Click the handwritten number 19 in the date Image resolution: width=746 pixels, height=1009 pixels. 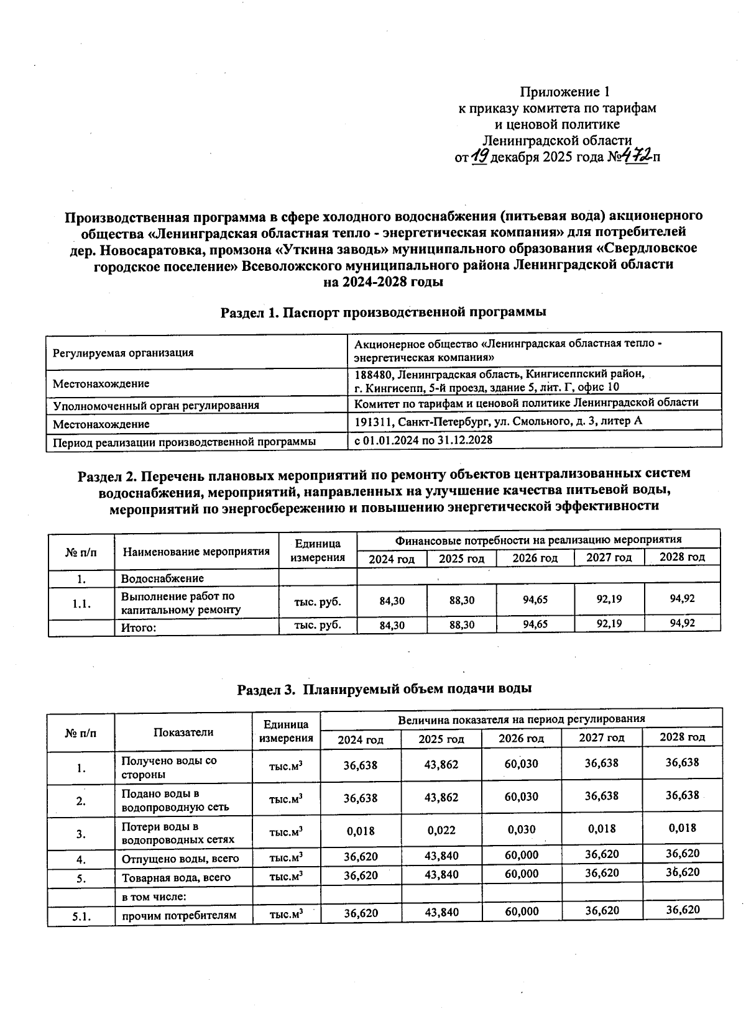(x=479, y=157)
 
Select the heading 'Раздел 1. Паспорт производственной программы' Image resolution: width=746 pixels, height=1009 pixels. (x=384, y=312)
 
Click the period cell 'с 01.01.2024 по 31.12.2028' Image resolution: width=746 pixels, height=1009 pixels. (x=423, y=440)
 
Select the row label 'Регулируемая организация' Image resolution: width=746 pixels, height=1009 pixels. (x=123, y=353)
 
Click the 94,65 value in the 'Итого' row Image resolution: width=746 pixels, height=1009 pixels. (x=535, y=624)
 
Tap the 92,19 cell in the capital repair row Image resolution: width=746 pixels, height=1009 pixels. (x=609, y=600)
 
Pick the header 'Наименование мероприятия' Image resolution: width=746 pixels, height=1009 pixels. (x=196, y=551)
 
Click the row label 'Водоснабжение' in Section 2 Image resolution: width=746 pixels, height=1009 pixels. (x=162, y=578)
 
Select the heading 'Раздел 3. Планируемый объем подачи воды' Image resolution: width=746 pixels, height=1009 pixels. (x=384, y=689)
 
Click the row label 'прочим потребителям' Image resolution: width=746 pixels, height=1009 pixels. (x=179, y=915)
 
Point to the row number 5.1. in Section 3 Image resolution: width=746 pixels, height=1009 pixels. (x=81, y=915)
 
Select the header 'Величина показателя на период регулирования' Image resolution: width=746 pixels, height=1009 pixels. (x=521, y=719)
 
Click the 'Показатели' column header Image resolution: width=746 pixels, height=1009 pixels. (x=183, y=732)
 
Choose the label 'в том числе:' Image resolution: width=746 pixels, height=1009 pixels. (x=154, y=896)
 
